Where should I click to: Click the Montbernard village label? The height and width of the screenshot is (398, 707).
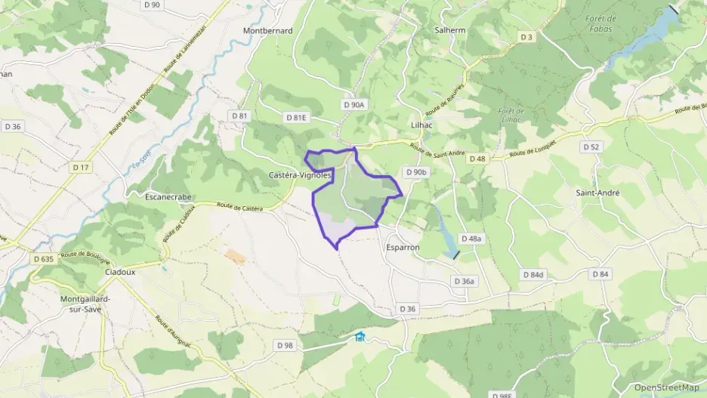(x=267, y=31)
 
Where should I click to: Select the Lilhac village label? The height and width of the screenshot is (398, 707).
(x=421, y=125)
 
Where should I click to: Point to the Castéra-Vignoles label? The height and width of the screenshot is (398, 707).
(x=300, y=174)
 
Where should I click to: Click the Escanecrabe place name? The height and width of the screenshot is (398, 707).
(x=168, y=196)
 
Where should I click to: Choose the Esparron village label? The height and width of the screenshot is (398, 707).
(x=402, y=247)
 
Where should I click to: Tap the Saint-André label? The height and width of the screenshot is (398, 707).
(x=597, y=193)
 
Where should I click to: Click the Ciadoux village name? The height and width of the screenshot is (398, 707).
(x=120, y=272)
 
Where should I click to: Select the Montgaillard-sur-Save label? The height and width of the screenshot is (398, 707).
(x=85, y=304)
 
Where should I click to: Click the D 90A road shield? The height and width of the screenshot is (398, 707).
(x=353, y=105)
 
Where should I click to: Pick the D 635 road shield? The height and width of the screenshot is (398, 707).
(x=44, y=258)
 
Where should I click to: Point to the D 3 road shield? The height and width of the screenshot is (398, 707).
(x=526, y=37)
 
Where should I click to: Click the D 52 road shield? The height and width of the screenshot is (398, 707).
(x=591, y=147)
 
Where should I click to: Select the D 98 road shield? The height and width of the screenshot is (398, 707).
(x=285, y=345)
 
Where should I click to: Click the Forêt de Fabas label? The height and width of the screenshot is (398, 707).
(x=601, y=23)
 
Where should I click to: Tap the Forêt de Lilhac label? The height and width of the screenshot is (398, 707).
(x=511, y=116)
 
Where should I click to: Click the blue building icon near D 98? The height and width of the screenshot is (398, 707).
(x=360, y=337)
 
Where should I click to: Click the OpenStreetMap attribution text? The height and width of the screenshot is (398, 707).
(x=666, y=387)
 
